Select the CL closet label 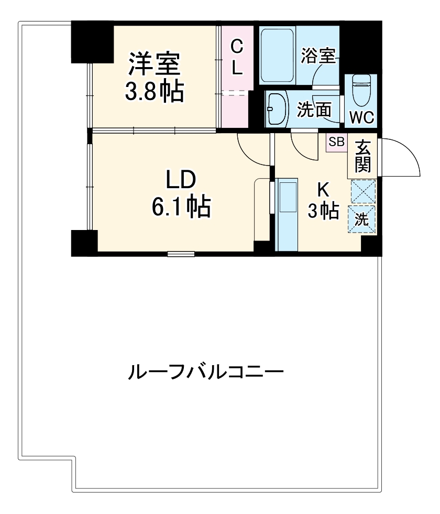(237, 58)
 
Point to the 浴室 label (318, 57)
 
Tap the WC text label (361, 118)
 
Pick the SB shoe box (336, 142)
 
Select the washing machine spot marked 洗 (362, 220)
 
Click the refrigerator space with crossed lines (362, 191)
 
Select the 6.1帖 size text (181, 207)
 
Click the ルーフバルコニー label (206, 373)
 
